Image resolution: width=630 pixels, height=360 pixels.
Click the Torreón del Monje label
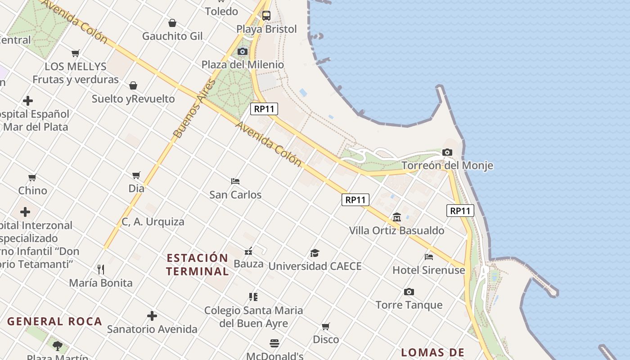(447, 166)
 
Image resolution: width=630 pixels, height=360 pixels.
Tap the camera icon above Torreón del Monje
(447, 153)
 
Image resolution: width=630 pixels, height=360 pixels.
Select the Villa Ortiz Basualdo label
(396, 230)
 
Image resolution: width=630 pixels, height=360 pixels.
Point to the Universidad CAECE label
(315, 266)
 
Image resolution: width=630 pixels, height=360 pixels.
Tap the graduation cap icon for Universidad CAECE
(315, 253)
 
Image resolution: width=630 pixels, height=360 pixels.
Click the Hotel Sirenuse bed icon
(429, 257)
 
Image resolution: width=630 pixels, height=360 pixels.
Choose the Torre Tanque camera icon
(409, 292)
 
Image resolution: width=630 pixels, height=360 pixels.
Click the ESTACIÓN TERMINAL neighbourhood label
(198, 265)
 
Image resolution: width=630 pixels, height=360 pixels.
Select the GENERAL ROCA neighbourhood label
(55, 321)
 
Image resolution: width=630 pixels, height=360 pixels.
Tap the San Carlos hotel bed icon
(235, 181)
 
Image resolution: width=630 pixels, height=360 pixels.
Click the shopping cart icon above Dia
(136, 175)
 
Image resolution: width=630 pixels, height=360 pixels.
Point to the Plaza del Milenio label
(243, 64)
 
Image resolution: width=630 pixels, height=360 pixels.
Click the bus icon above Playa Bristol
(266, 16)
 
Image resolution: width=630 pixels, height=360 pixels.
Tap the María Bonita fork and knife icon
(101, 270)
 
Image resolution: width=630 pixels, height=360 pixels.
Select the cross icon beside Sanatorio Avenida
(152, 316)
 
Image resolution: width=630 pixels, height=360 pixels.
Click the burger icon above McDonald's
(274, 343)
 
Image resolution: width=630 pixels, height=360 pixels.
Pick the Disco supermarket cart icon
(326, 326)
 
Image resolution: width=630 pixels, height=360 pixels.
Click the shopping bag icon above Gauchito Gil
(172, 23)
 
